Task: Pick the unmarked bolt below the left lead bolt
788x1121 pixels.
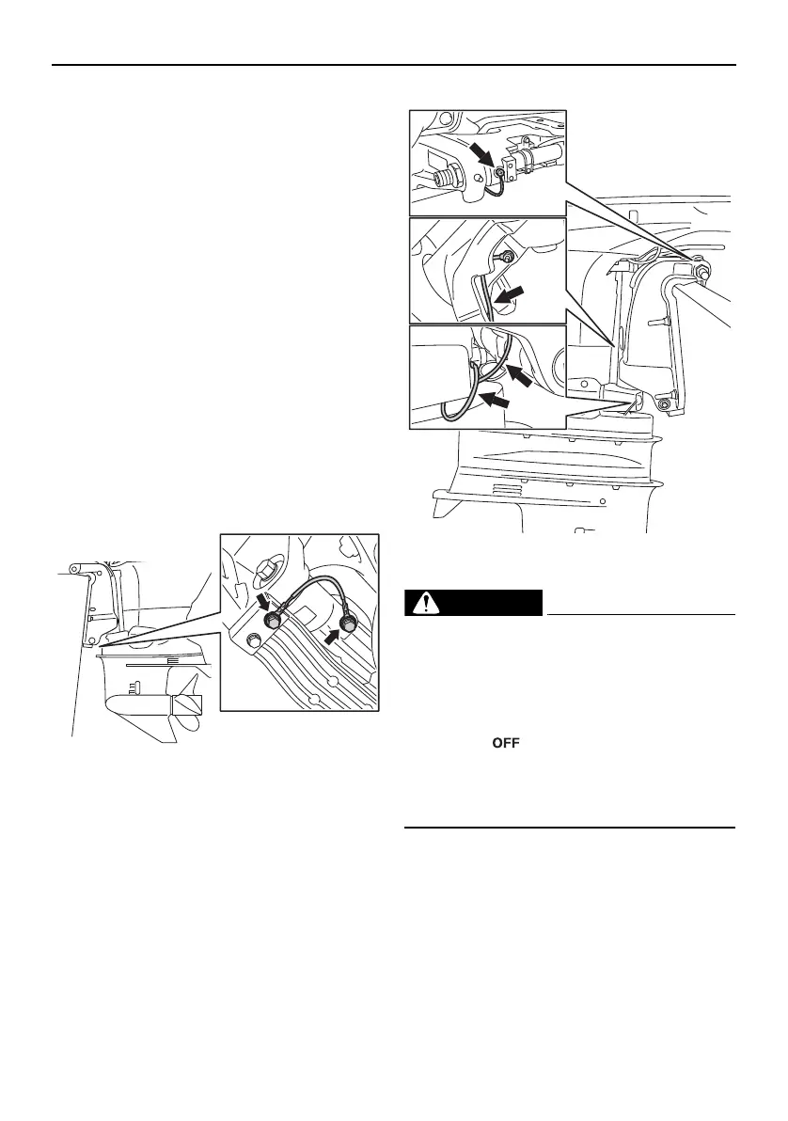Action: (x=252, y=643)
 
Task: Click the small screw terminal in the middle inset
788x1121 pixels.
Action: (x=508, y=257)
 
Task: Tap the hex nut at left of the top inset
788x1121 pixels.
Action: (x=450, y=174)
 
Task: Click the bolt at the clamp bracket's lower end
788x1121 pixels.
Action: (x=666, y=404)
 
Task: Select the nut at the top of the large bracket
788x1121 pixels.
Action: (x=702, y=273)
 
